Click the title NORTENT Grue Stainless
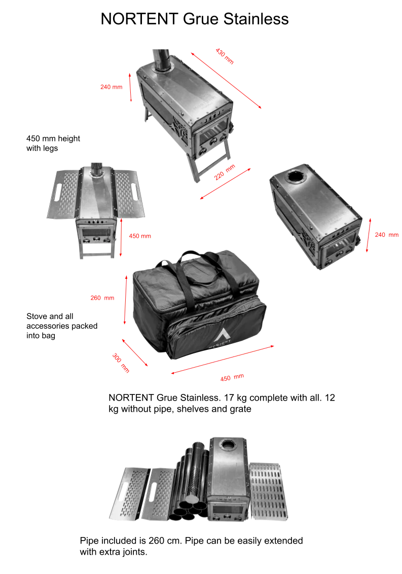(x=195, y=19)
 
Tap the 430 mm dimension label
(x=225, y=56)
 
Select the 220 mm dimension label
(x=225, y=172)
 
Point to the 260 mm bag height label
(x=102, y=298)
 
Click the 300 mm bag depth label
(x=121, y=363)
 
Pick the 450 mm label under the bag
(x=232, y=377)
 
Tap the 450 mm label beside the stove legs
(x=140, y=236)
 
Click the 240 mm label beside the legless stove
(x=387, y=235)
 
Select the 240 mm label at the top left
(x=112, y=87)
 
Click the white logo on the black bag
(x=221, y=338)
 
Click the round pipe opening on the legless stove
(x=296, y=176)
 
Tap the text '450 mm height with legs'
(x=53, y=143)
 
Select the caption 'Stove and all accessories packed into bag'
(x=62, y=326)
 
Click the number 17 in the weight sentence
(x=229, y=398)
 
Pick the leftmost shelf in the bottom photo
(x=130, y=493)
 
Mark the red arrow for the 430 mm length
(x=226, y=81)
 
